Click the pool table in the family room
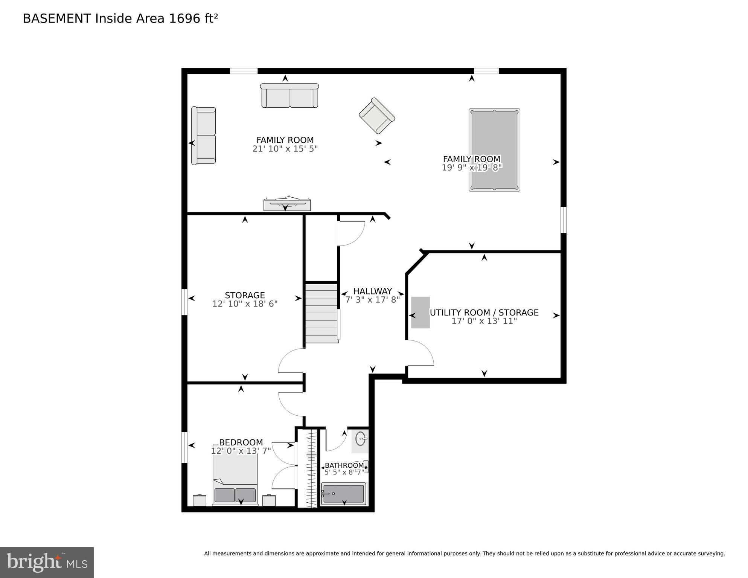click(494, 150)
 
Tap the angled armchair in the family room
click(376, 116)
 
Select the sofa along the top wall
click(289, 96)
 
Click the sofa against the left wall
click(203, 136)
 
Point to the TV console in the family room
click(287, 204)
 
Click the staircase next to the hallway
click(321, 313)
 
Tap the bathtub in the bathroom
click(343, 494)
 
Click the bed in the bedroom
click(235, 480)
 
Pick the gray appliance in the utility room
click(420, 313)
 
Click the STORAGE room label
click(245, 295)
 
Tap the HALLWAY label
click(372, 291)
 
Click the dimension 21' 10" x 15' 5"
click(285, 149)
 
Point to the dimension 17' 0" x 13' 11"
click(484, 321)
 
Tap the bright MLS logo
click(47, 563)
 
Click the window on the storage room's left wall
click(184, 302)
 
